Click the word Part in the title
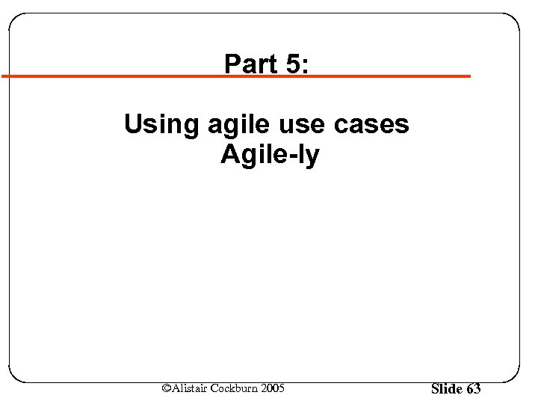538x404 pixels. tap(250, 64)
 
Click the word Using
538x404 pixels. tap(158, 124)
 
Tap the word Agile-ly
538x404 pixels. tap(270, 156)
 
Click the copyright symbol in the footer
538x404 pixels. tap(167, 388)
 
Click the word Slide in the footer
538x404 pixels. tap(447, 388)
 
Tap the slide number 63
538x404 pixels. tap(473, 388)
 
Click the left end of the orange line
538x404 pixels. tap(3, 76)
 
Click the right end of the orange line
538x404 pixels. tap(469, 76)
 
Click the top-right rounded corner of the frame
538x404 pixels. tap(513, 19)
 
